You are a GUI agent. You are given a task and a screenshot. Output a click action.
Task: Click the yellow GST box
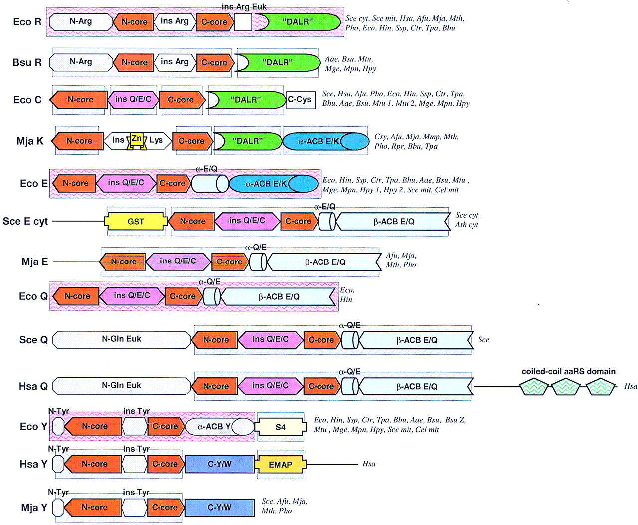tap(136, 221)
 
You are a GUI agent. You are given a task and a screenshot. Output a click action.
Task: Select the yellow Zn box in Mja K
tap(136, 139)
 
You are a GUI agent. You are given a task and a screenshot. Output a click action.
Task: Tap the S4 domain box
tap(281, 427)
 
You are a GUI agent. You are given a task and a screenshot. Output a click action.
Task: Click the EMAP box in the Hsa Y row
tap(280, 464)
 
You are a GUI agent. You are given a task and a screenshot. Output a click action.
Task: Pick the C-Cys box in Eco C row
tap(300, 100)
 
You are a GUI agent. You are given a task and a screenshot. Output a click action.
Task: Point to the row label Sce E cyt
tap(25, 221)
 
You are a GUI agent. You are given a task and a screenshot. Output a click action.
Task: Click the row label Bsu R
tap(27, 63)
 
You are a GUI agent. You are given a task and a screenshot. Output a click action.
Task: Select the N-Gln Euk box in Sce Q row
tap(122, 339)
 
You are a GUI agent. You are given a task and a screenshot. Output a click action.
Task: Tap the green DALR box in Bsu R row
tap(278, 62)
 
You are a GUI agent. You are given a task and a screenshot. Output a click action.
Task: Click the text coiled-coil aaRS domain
tap(568, 371)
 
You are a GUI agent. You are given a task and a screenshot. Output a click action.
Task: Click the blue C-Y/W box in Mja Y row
tap(219, 507)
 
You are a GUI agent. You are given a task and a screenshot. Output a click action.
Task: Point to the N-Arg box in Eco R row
tap(81, 21)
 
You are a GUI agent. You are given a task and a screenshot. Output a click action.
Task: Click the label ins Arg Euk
tap(244, 7)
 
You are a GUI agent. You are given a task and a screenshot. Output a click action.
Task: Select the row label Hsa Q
tap(33, 386)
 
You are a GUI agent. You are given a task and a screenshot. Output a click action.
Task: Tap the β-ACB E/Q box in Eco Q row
tap(279, 297)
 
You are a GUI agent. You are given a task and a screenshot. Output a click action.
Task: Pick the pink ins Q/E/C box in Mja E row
tap(178, 261)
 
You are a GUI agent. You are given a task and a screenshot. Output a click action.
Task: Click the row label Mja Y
tap(34, 508)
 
